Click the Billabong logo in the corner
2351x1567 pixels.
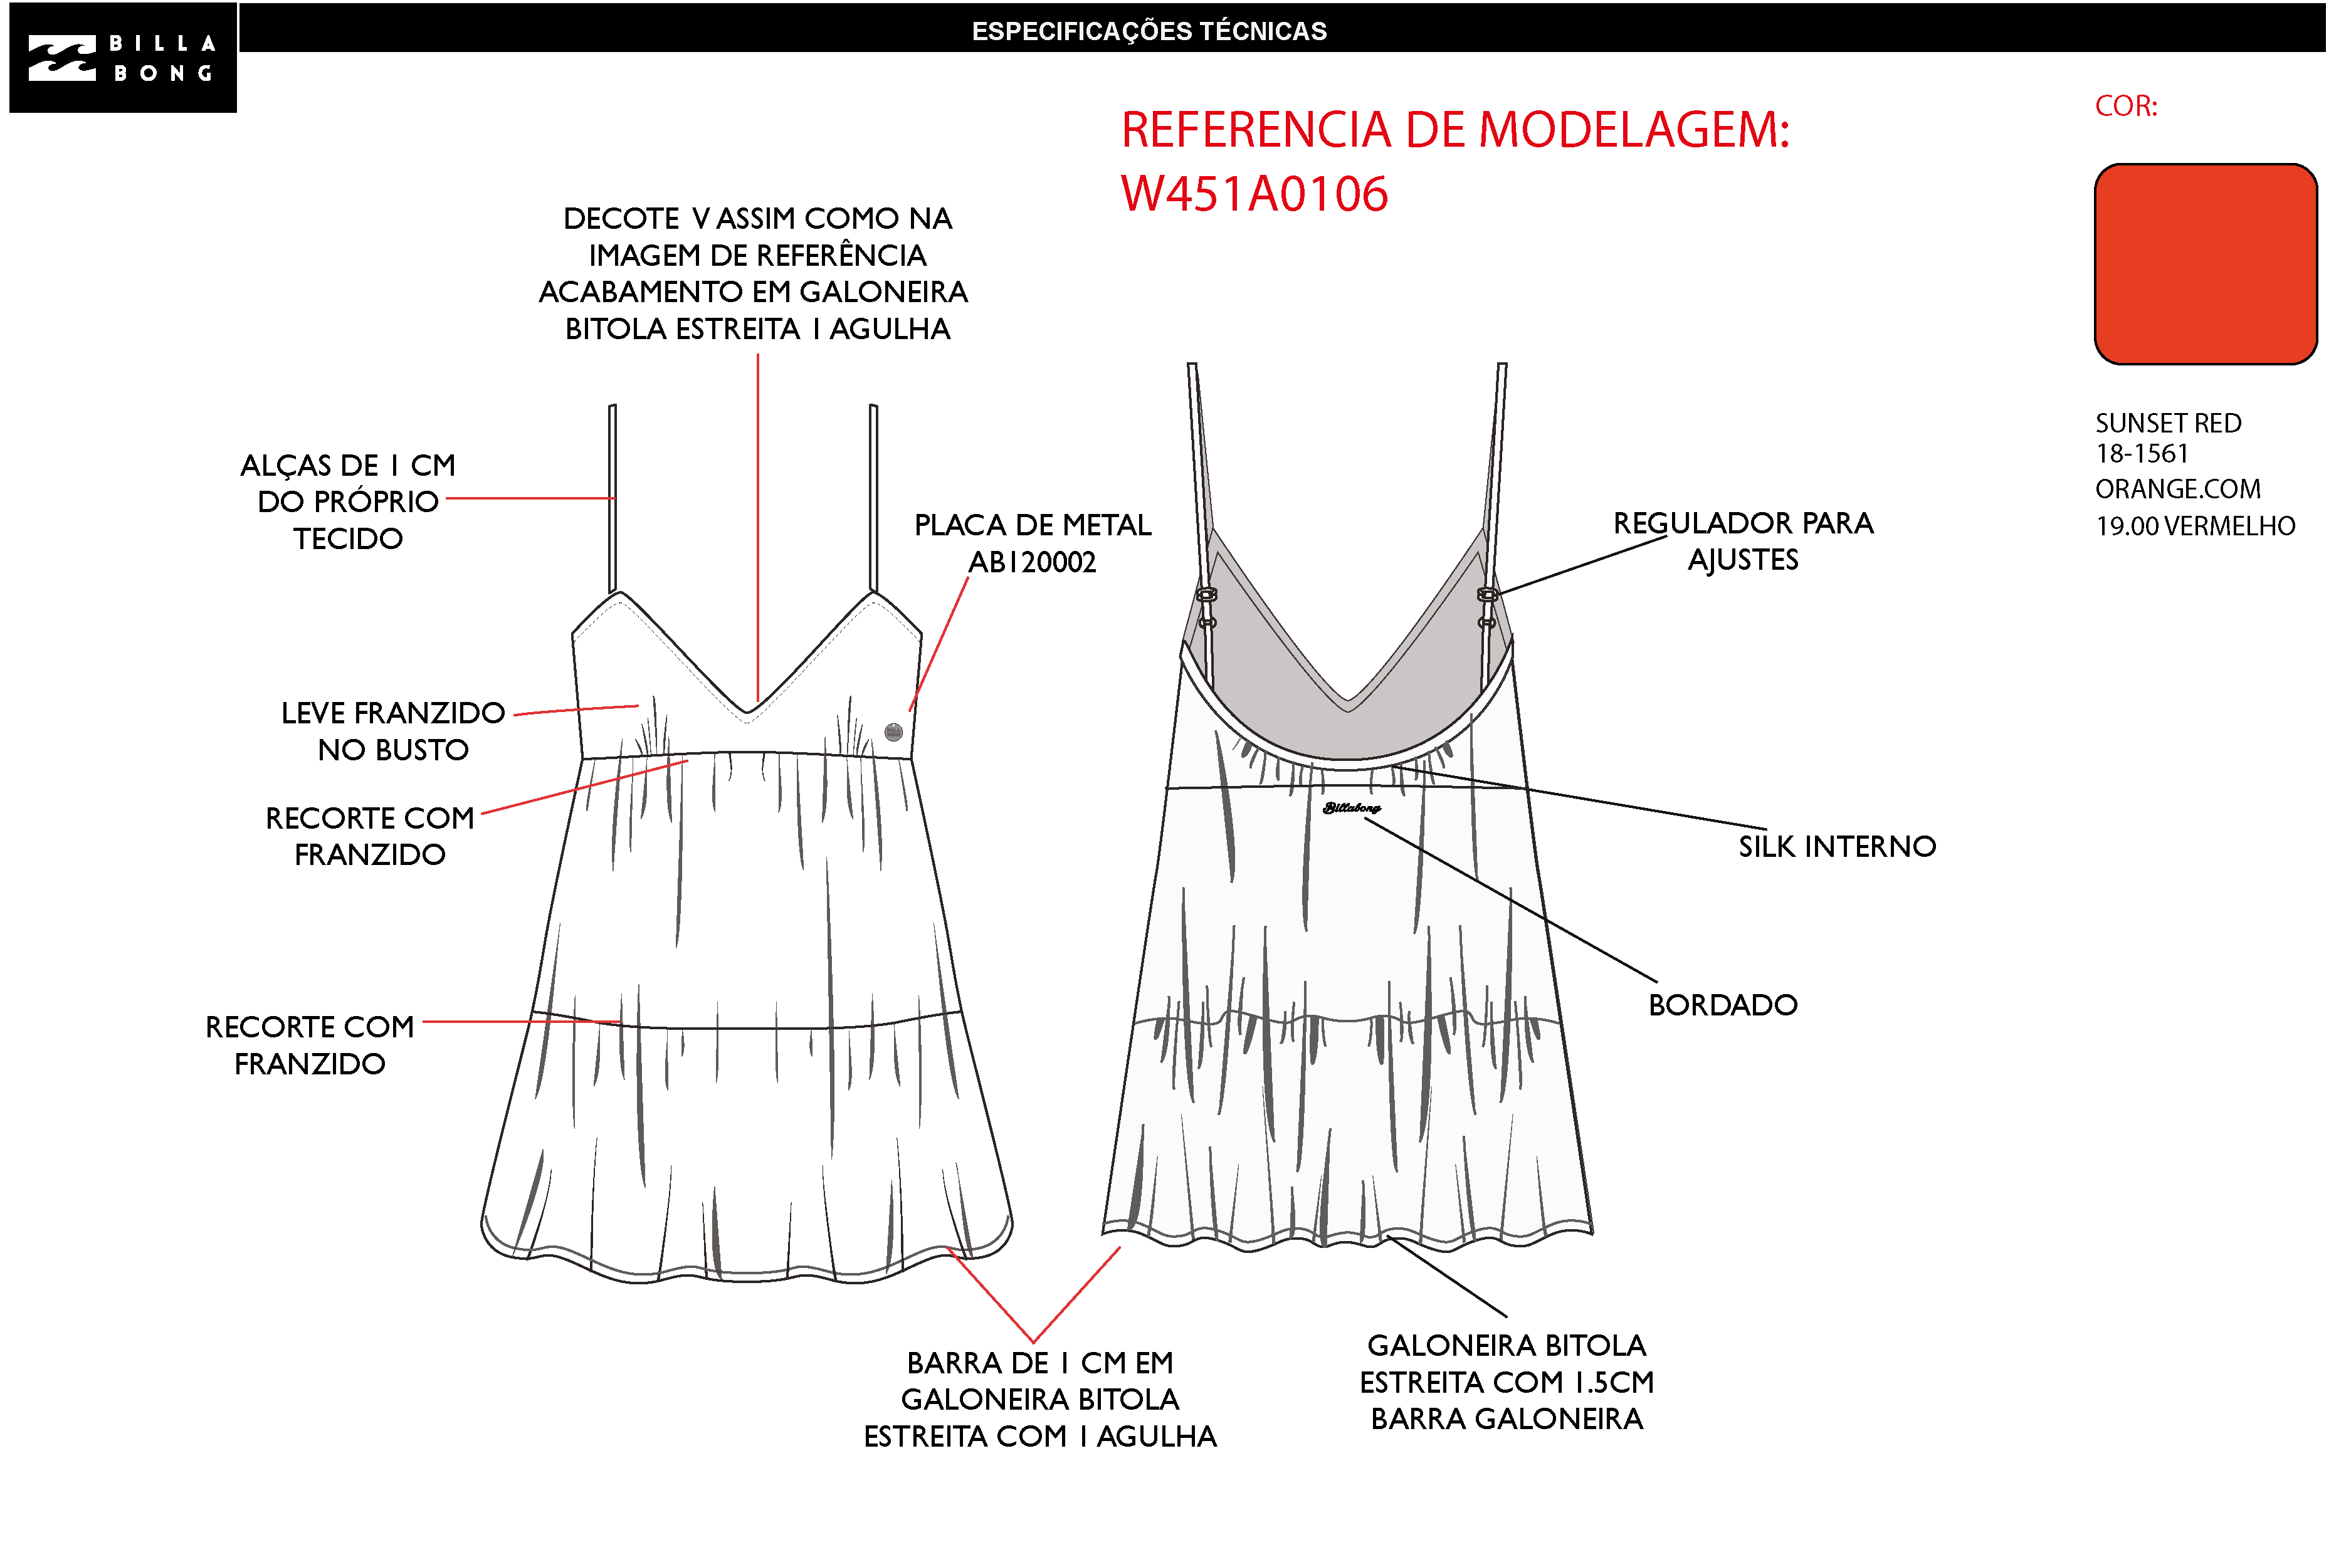point(123,57)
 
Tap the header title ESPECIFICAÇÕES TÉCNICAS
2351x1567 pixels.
point(1150,31)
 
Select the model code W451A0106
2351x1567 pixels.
point(1254,194)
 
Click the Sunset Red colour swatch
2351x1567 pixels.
point(2206,264)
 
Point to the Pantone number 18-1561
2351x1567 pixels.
point(2142,454)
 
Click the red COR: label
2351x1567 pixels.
point(2126,106)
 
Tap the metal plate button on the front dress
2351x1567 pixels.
point(893,731)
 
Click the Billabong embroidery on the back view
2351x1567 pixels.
point(1352,807)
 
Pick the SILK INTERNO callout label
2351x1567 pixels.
point(1837,846)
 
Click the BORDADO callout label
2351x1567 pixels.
point(1723,1004)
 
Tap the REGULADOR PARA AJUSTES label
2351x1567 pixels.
point(1744,541)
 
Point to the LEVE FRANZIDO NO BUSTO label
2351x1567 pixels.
point(393,730)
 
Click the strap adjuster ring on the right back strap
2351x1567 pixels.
point(1487,595)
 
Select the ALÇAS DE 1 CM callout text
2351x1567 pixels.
point(348,501)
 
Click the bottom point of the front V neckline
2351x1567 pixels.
point(748,718)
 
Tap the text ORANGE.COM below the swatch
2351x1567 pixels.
point(2178,489)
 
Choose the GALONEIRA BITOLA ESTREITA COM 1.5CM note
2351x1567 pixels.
point(1507,1382)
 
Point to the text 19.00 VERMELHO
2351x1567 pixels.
point(2196,526)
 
